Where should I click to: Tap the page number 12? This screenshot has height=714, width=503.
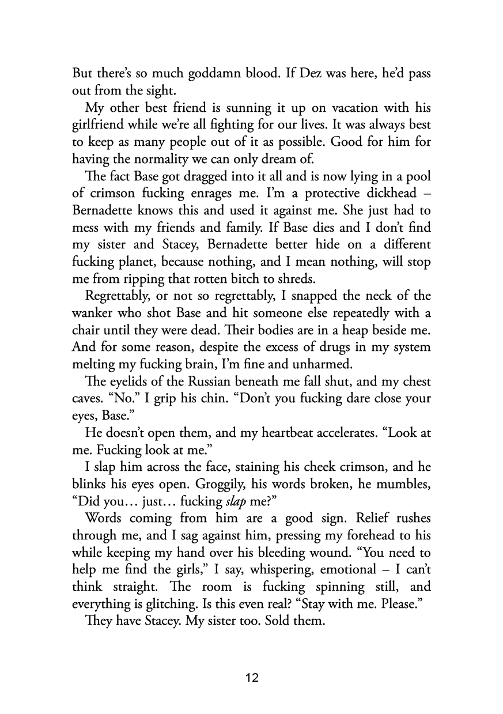pos(252,678)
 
